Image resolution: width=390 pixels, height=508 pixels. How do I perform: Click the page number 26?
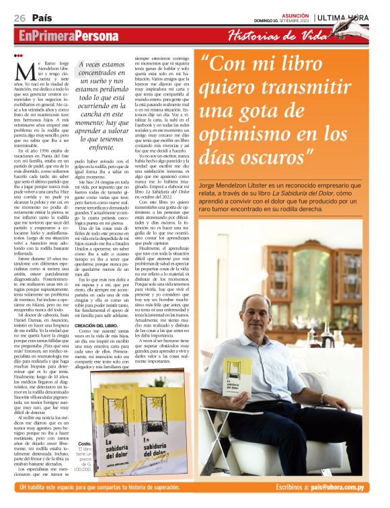click(x=19, y=17)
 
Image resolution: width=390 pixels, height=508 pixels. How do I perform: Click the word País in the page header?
click(x=42, y=17)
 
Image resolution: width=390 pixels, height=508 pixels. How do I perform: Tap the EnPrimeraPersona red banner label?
click(x=63, y=35)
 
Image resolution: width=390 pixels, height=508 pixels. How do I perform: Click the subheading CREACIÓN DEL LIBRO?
click(x=98, y=325)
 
